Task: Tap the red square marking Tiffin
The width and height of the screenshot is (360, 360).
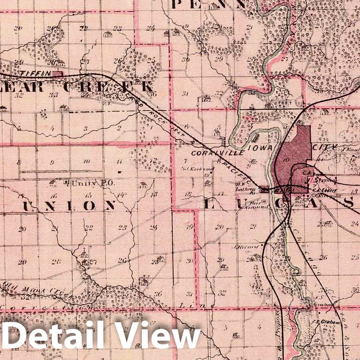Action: [x=58, y=73]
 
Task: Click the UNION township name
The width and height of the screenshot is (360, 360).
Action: [x=69, y=206]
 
